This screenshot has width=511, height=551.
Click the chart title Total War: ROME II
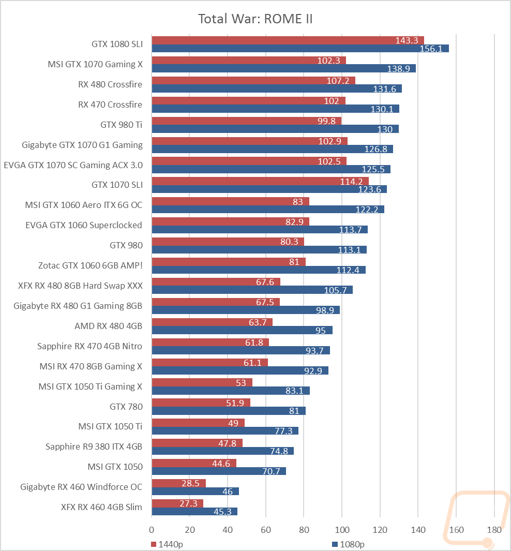(x=255, y=19)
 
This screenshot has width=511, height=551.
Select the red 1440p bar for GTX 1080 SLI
(x=288, y=40)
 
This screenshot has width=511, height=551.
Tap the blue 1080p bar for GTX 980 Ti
(x=275, y=129)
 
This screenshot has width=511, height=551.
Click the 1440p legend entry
(x=167, y=544)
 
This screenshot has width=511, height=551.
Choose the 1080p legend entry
(x=349, y=544)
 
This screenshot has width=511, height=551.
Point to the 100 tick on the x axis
(x=342, y=530)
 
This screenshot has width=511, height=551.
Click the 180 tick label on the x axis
(x=494, y=530)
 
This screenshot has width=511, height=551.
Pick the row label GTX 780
(x=126, y=407)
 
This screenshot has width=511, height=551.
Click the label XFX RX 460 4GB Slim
(x=101, y=507)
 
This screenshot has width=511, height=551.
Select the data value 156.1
(x=431, y=49)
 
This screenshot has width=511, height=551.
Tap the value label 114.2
(x=351, y=182)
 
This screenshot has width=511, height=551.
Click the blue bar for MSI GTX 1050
(x=219, y=471)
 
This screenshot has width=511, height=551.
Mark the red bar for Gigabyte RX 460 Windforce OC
(x=179, y=483)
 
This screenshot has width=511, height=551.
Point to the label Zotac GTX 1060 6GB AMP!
(x=91, y=265)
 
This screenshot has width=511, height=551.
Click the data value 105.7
(x=335, y=290)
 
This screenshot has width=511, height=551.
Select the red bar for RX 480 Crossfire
(x=253, y=81)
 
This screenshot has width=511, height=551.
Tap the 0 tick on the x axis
(x=152, y=530)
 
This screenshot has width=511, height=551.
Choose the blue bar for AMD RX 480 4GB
(x=243, y=330)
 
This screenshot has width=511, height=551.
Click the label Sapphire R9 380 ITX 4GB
(x=94, y=446)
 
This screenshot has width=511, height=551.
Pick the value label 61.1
(x=252, y=363)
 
